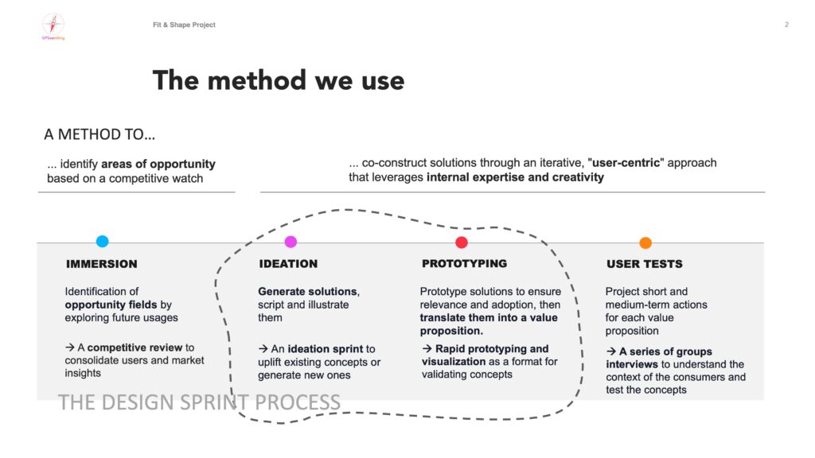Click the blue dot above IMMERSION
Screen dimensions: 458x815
pos(102,242)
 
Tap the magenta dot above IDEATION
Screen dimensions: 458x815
pos(291,242)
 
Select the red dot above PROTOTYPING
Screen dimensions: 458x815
pos(462,243)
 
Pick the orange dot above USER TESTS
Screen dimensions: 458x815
pos(645,243)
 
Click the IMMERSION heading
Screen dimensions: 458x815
pos(101,264)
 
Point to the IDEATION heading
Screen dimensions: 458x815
pos(288,264)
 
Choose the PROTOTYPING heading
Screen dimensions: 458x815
pos(464,263)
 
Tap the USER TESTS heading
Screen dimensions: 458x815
pos(645,264)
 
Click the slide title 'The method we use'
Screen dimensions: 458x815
pos(279,80)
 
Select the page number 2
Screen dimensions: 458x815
pos(786,25)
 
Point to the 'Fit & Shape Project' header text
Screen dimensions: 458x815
pos(184,25)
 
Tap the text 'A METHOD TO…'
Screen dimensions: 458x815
pos(100,134)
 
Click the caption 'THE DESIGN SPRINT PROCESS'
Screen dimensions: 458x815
pos(199,402)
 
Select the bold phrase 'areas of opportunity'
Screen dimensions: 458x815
pos(158,165)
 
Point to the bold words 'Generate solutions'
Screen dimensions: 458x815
pos(308,291)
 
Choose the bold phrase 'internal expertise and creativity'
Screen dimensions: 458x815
pos(515,177)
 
